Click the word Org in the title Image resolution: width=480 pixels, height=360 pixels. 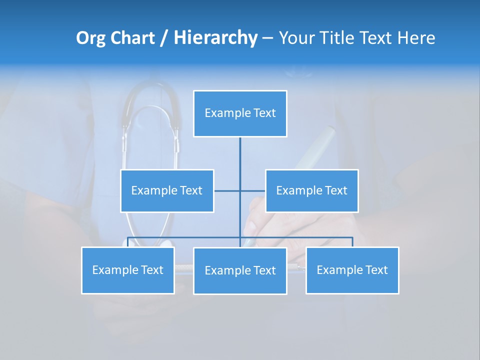90,38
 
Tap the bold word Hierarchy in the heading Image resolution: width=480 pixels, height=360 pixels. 215,38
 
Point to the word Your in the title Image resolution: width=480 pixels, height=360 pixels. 297,38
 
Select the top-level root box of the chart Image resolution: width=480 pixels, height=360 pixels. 240,113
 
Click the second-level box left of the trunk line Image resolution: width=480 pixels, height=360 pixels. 167,190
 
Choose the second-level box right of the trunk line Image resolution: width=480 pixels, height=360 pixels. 311,190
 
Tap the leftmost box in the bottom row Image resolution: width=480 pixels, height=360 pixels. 128,270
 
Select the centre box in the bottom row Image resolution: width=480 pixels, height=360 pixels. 240,270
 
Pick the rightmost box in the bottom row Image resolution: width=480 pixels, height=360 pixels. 352,270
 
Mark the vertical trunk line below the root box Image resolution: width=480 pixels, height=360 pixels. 240,160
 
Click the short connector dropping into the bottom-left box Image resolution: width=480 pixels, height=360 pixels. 128,242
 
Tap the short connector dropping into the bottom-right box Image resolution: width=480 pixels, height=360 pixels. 352,242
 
